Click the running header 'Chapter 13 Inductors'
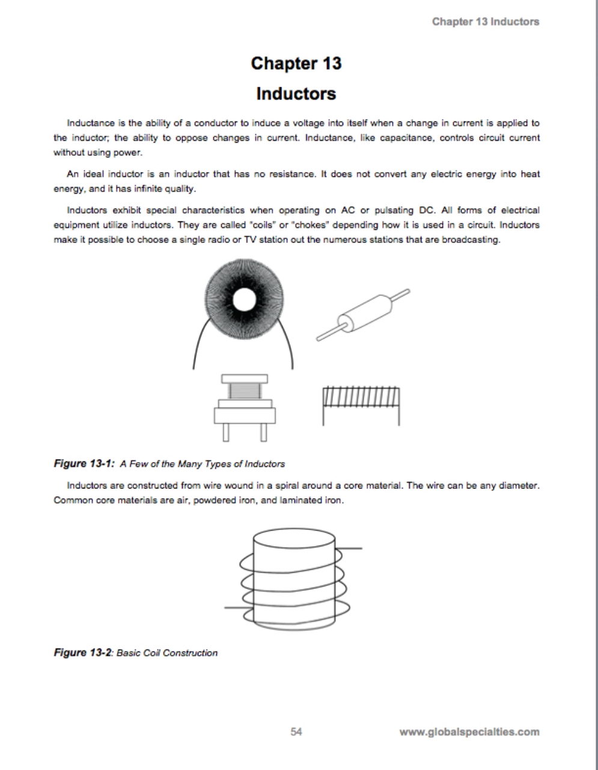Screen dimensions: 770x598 coord(485,22)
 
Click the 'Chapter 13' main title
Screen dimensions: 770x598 coord(296,63)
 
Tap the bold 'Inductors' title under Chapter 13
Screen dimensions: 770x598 coord(296,94)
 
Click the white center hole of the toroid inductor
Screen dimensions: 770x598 coord(244,299)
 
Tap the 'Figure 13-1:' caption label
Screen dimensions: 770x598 coord(84,464)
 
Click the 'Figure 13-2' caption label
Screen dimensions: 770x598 coord(83,653)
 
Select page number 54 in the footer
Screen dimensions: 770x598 coord(296,731)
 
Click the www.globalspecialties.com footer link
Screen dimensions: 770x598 coord(469,732)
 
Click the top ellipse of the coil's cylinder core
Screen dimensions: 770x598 coord(294,538)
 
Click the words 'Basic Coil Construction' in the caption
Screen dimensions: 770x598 coord(166,653)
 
